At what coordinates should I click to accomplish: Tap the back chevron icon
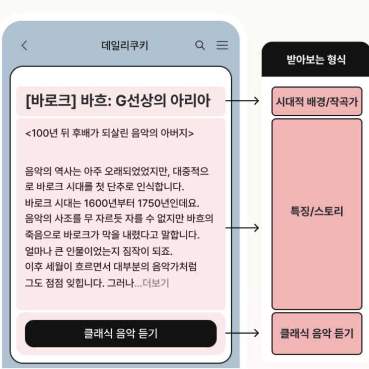(24, 45)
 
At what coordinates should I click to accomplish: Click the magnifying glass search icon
(200, 45)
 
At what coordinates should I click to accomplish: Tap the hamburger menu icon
(222, 45)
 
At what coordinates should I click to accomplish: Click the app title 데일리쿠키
(125, 45)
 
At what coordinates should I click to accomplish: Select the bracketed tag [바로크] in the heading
(51, 101)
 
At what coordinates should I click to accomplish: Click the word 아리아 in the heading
(190, 101)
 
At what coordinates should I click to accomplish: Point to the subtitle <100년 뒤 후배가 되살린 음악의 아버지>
(109, 133)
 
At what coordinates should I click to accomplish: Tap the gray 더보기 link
(156, 283)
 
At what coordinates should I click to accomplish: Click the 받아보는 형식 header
(316, 60)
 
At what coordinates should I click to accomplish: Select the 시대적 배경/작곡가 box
(317, 101)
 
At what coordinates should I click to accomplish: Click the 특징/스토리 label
(317, 211)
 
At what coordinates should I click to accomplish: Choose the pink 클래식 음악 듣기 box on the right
(317, 333)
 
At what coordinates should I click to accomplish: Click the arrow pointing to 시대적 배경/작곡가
(242, 101)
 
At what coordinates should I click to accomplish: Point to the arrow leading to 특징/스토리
(242, 228)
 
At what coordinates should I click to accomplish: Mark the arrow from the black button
(242, 333)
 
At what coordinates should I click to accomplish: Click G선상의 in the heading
(141, 101)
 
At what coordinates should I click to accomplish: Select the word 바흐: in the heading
(96, 101)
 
